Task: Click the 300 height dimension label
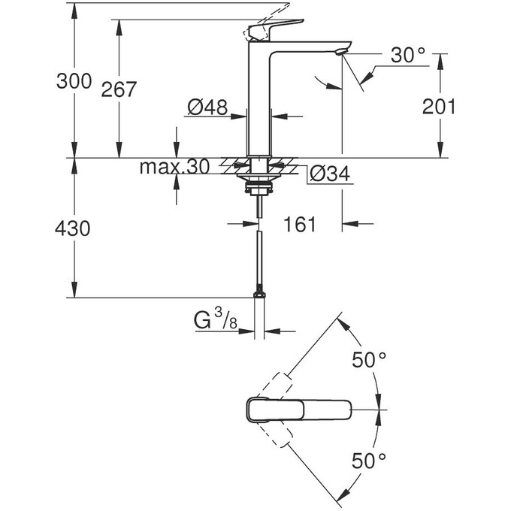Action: [x=74, y=81]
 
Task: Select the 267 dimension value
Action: [x=119, y=89]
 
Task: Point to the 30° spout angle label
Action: [x=408, y=55]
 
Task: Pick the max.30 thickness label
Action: [x=174, y=168]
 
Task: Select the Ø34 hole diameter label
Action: [x=328, y=175]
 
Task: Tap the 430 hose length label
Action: [x=74, y=228]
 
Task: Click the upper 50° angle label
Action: [x=369, y=360]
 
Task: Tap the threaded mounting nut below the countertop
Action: [x=259, y=180]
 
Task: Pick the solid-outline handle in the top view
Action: [x=301, y=410]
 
